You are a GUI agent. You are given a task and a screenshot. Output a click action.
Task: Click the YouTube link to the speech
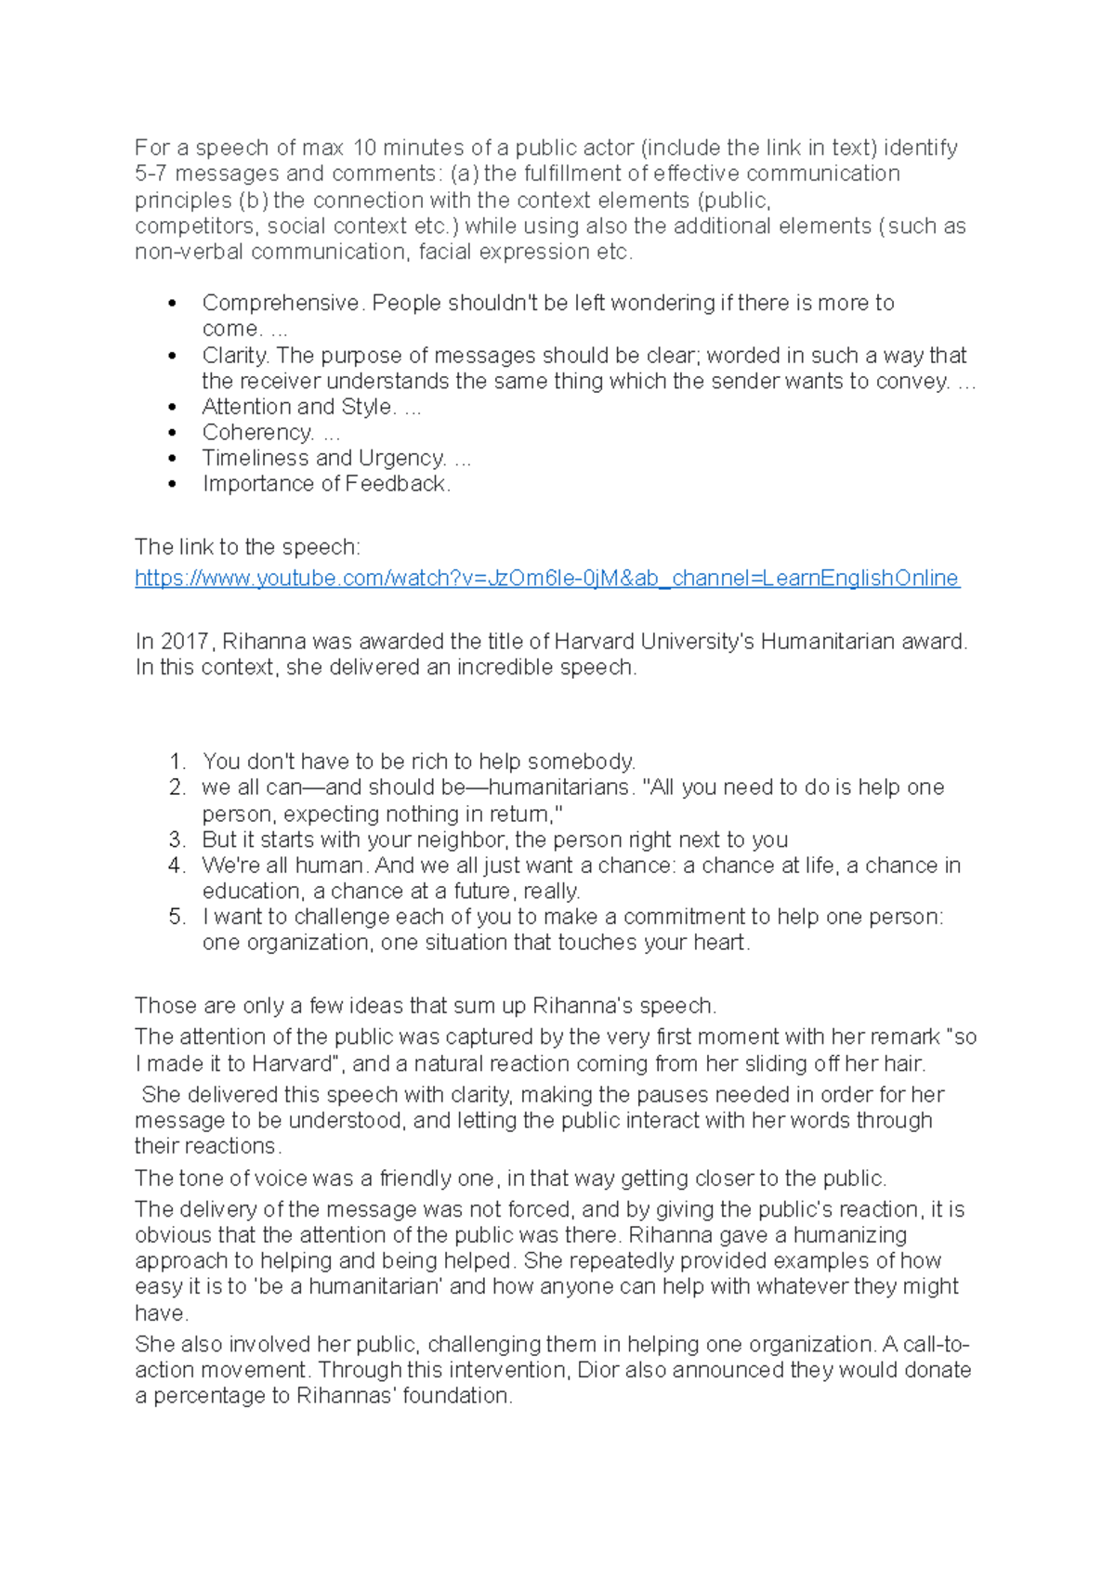[x=546, y=579]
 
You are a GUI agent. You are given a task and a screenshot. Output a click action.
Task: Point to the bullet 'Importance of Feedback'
[x=325, y=484]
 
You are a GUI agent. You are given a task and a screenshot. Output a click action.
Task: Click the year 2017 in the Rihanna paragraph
[x=185, y=642]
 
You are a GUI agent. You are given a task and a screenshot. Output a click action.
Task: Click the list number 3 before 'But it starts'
[x=177, y=841]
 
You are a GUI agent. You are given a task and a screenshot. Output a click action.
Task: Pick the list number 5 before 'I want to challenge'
[x=177, y=918]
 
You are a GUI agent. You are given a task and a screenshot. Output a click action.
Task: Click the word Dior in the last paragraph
[x=597, y=1371]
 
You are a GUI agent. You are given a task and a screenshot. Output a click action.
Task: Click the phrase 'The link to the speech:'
[x=247, y=547]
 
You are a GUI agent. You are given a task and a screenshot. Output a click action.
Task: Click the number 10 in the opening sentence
[x=365, y=148]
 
